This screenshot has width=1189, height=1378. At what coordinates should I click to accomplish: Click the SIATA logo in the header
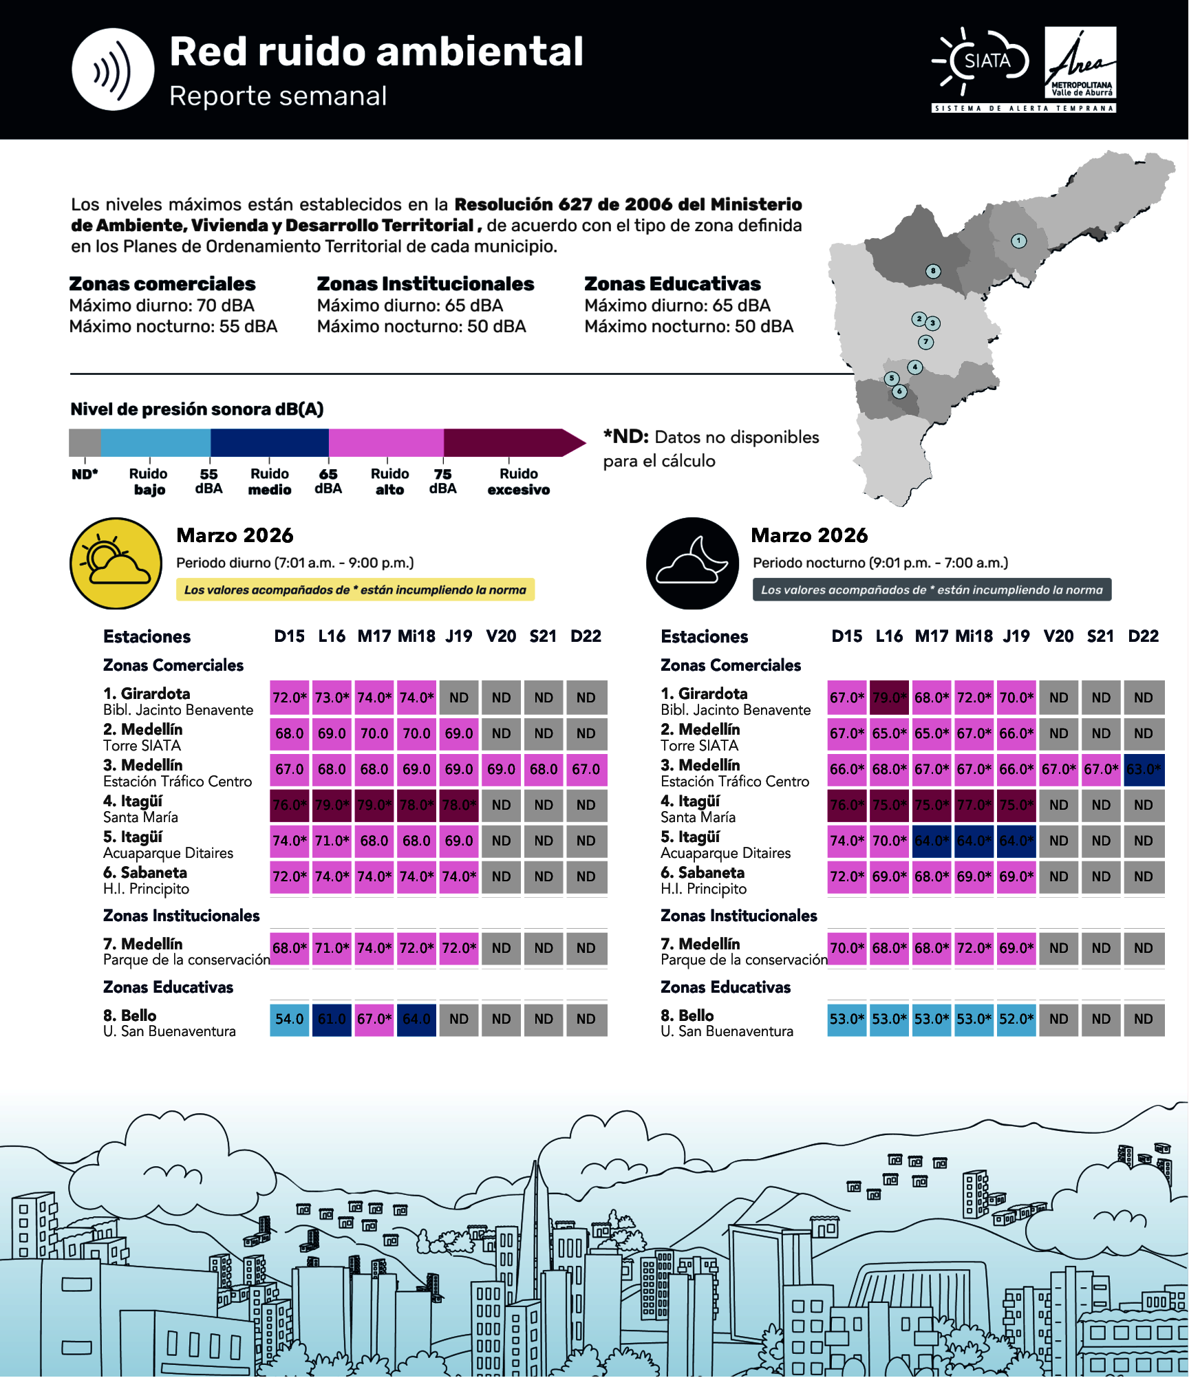pyautogui.click(x=981, y=61)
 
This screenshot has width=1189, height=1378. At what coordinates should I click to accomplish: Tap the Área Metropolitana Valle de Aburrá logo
pyautogui.click(x=1080, y=63)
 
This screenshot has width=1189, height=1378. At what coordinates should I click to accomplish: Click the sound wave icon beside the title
pyautogui.click(x=113, y=69)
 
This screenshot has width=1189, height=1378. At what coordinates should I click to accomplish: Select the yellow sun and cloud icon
pyautogui.click(x=116, y=563)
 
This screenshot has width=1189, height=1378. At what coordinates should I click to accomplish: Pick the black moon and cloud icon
pyautogui.click(x=692, y=563)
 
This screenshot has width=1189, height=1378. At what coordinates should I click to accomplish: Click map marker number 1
pyautogui.click(x=1018, y=241)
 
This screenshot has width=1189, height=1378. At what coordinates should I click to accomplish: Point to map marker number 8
pyautogui.click(x=932, y=271)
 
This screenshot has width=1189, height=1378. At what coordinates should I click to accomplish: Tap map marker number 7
pyautogui.click(x=925, y=342)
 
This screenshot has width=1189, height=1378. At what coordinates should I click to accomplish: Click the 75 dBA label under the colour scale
pyautogui.click(x=442, y=481)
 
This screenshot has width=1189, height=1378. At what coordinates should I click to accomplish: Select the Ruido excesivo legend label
pyautogui.click(x=518, y=481)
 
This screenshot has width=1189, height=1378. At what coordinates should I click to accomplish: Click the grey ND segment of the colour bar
pyautogui.click(x=85, y=442)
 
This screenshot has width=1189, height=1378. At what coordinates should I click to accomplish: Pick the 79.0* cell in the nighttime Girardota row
pyautogui.click(x=889, y=698)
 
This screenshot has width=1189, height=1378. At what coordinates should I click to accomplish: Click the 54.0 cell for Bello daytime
pyautogui.click(x=289, y=1019)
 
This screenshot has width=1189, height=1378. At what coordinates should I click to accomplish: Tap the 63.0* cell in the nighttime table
pyautogui.click(x=1143, y=769)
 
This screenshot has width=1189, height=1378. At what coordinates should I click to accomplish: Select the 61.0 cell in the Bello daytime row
pyautogui.click(x=332, y=1019)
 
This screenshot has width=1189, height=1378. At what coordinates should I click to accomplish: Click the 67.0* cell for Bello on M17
pyautogui.click(x=374, y=1019)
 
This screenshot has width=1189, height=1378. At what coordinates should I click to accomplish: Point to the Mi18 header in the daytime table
pyautogui.click(x=416, y=636)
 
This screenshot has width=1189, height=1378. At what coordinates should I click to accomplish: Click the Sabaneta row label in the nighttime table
pyautogui.click(x=703, y=880)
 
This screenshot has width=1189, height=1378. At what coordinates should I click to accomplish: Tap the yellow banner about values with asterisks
pyautogui.click(x=355, y=590)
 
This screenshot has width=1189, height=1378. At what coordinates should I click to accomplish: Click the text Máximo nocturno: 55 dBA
pyautogui.click(x=173, y=326)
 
